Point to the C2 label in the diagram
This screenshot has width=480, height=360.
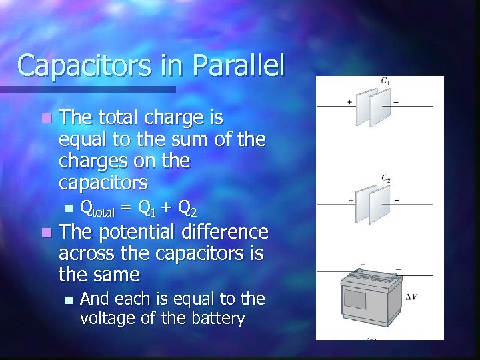coord(385,178)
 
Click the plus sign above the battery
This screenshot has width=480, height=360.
coord(362,264)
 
